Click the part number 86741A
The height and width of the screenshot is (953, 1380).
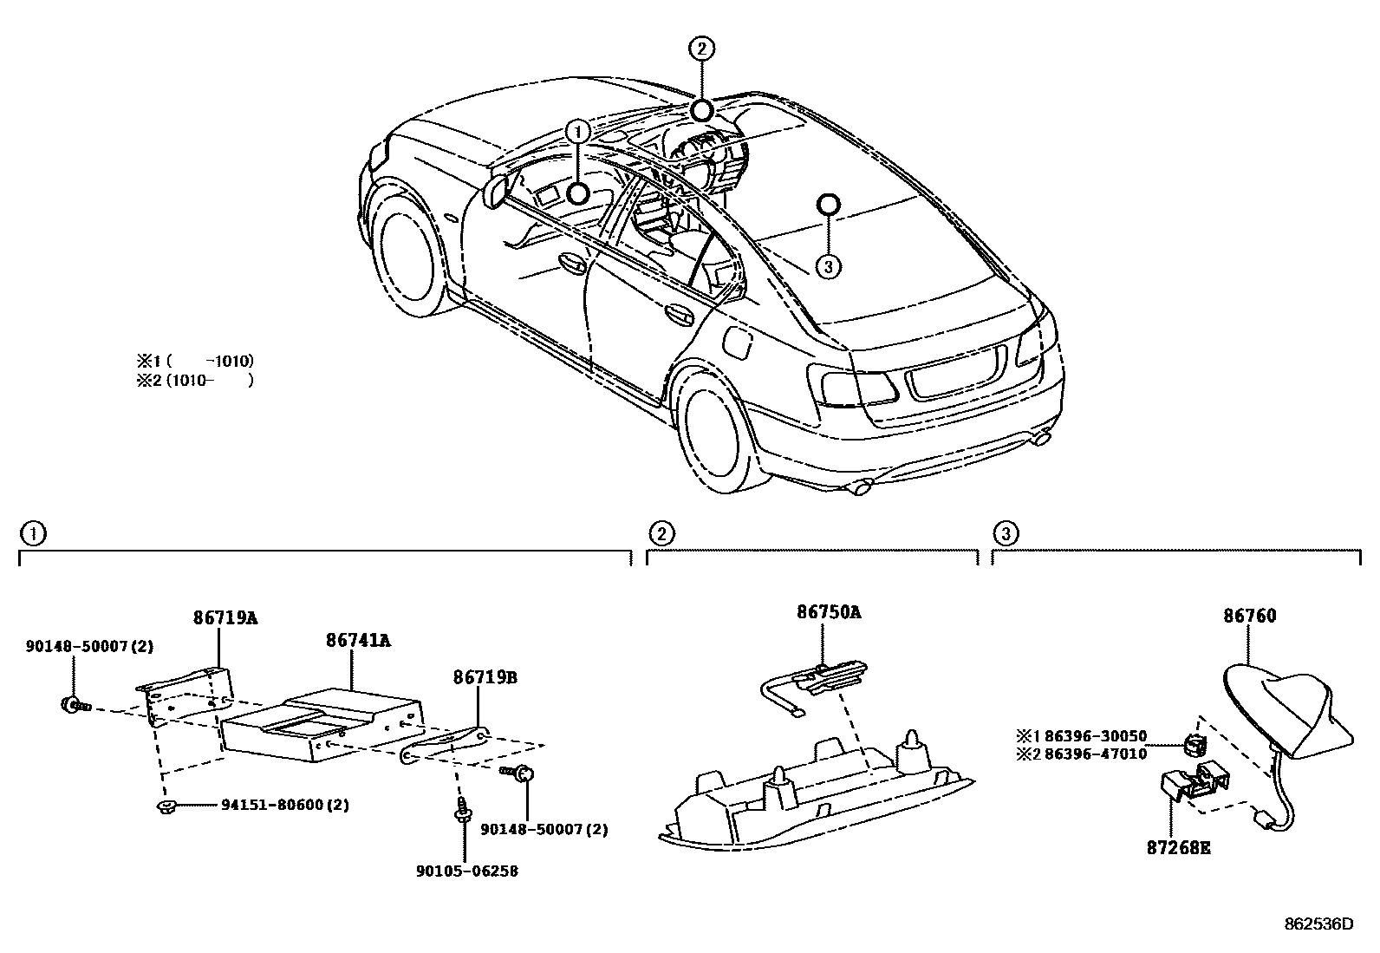click(x=359, y=641)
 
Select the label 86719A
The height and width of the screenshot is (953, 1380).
click(x=225, y=618)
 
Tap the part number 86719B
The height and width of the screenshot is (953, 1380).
click(x=484, y=677)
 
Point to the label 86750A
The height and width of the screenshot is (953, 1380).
click(x=830, y=612)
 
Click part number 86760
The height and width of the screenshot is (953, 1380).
click(x=1250, y=617)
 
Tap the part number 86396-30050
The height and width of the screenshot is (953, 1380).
click(x=1095, y=736)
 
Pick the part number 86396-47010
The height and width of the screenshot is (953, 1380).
click(x=1095, y=754)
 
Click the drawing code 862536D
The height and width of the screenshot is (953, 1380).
click(x=1318, y=924)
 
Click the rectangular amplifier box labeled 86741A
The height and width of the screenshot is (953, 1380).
click(x=321, y=715)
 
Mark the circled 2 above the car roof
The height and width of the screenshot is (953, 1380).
click(x=701, y=49)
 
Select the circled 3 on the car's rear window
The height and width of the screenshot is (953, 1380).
click(x=828, y=266)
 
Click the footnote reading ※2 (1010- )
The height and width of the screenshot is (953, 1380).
click(x=195, y=380)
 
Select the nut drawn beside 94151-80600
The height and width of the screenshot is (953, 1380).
click(x=165, y=808)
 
